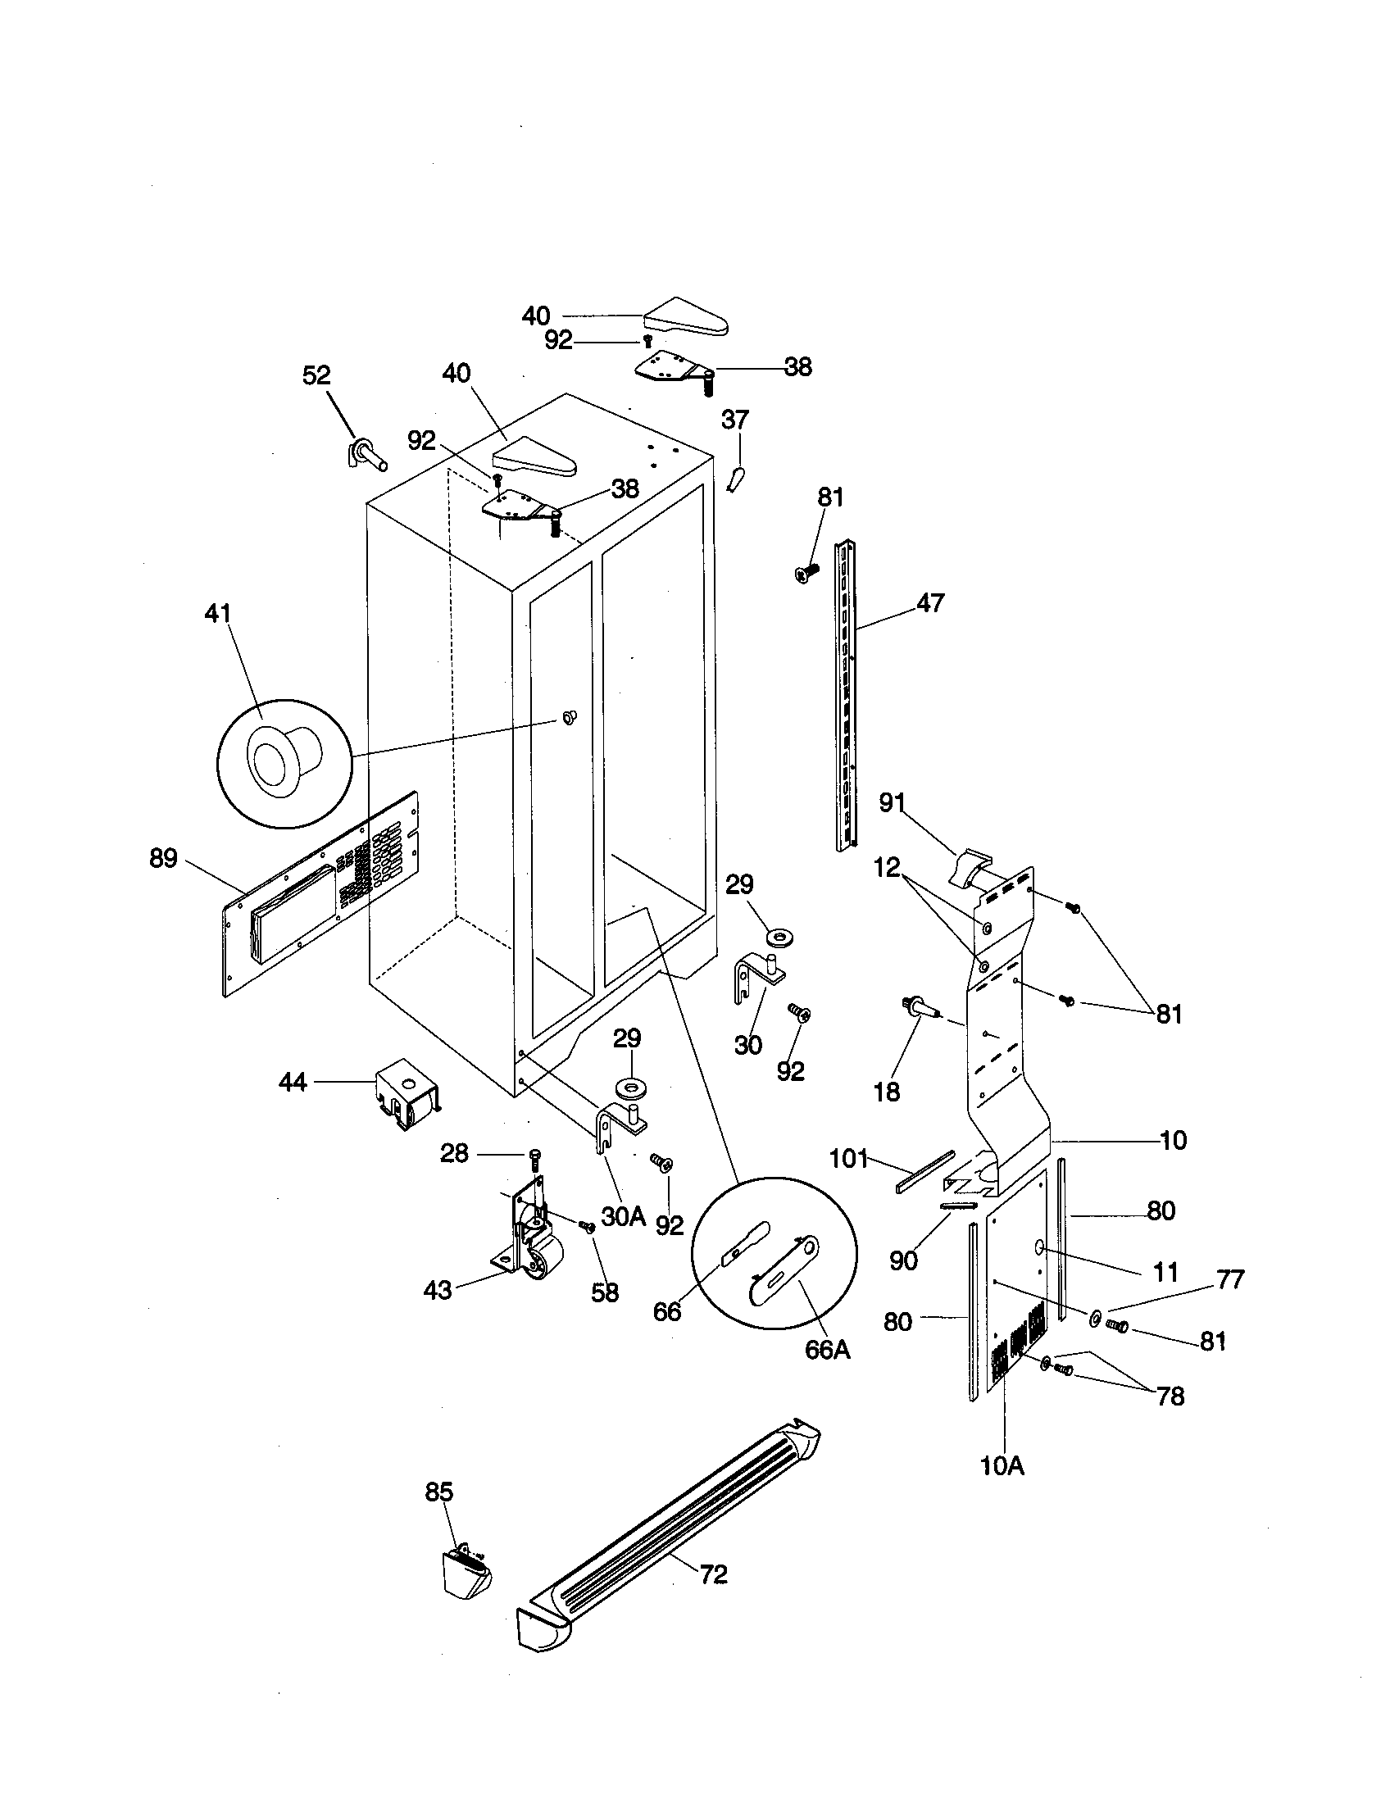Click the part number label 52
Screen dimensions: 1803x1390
click(316, 375)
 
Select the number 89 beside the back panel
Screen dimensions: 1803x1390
click(163, 859)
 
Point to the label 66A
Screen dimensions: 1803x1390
click(827, 1351)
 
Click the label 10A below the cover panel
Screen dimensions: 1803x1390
click(1002, 1466)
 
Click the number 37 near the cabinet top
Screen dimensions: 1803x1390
click(734, 420)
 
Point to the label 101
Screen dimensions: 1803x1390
click(848, 1159)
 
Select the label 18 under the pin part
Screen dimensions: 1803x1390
click(887, 1092)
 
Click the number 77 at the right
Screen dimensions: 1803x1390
click(1230, 1279)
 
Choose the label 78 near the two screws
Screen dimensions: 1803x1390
click(1170, 1396)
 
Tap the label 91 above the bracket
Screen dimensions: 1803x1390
click(893, 802)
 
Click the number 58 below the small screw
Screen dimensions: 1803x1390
click(605, 1292)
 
